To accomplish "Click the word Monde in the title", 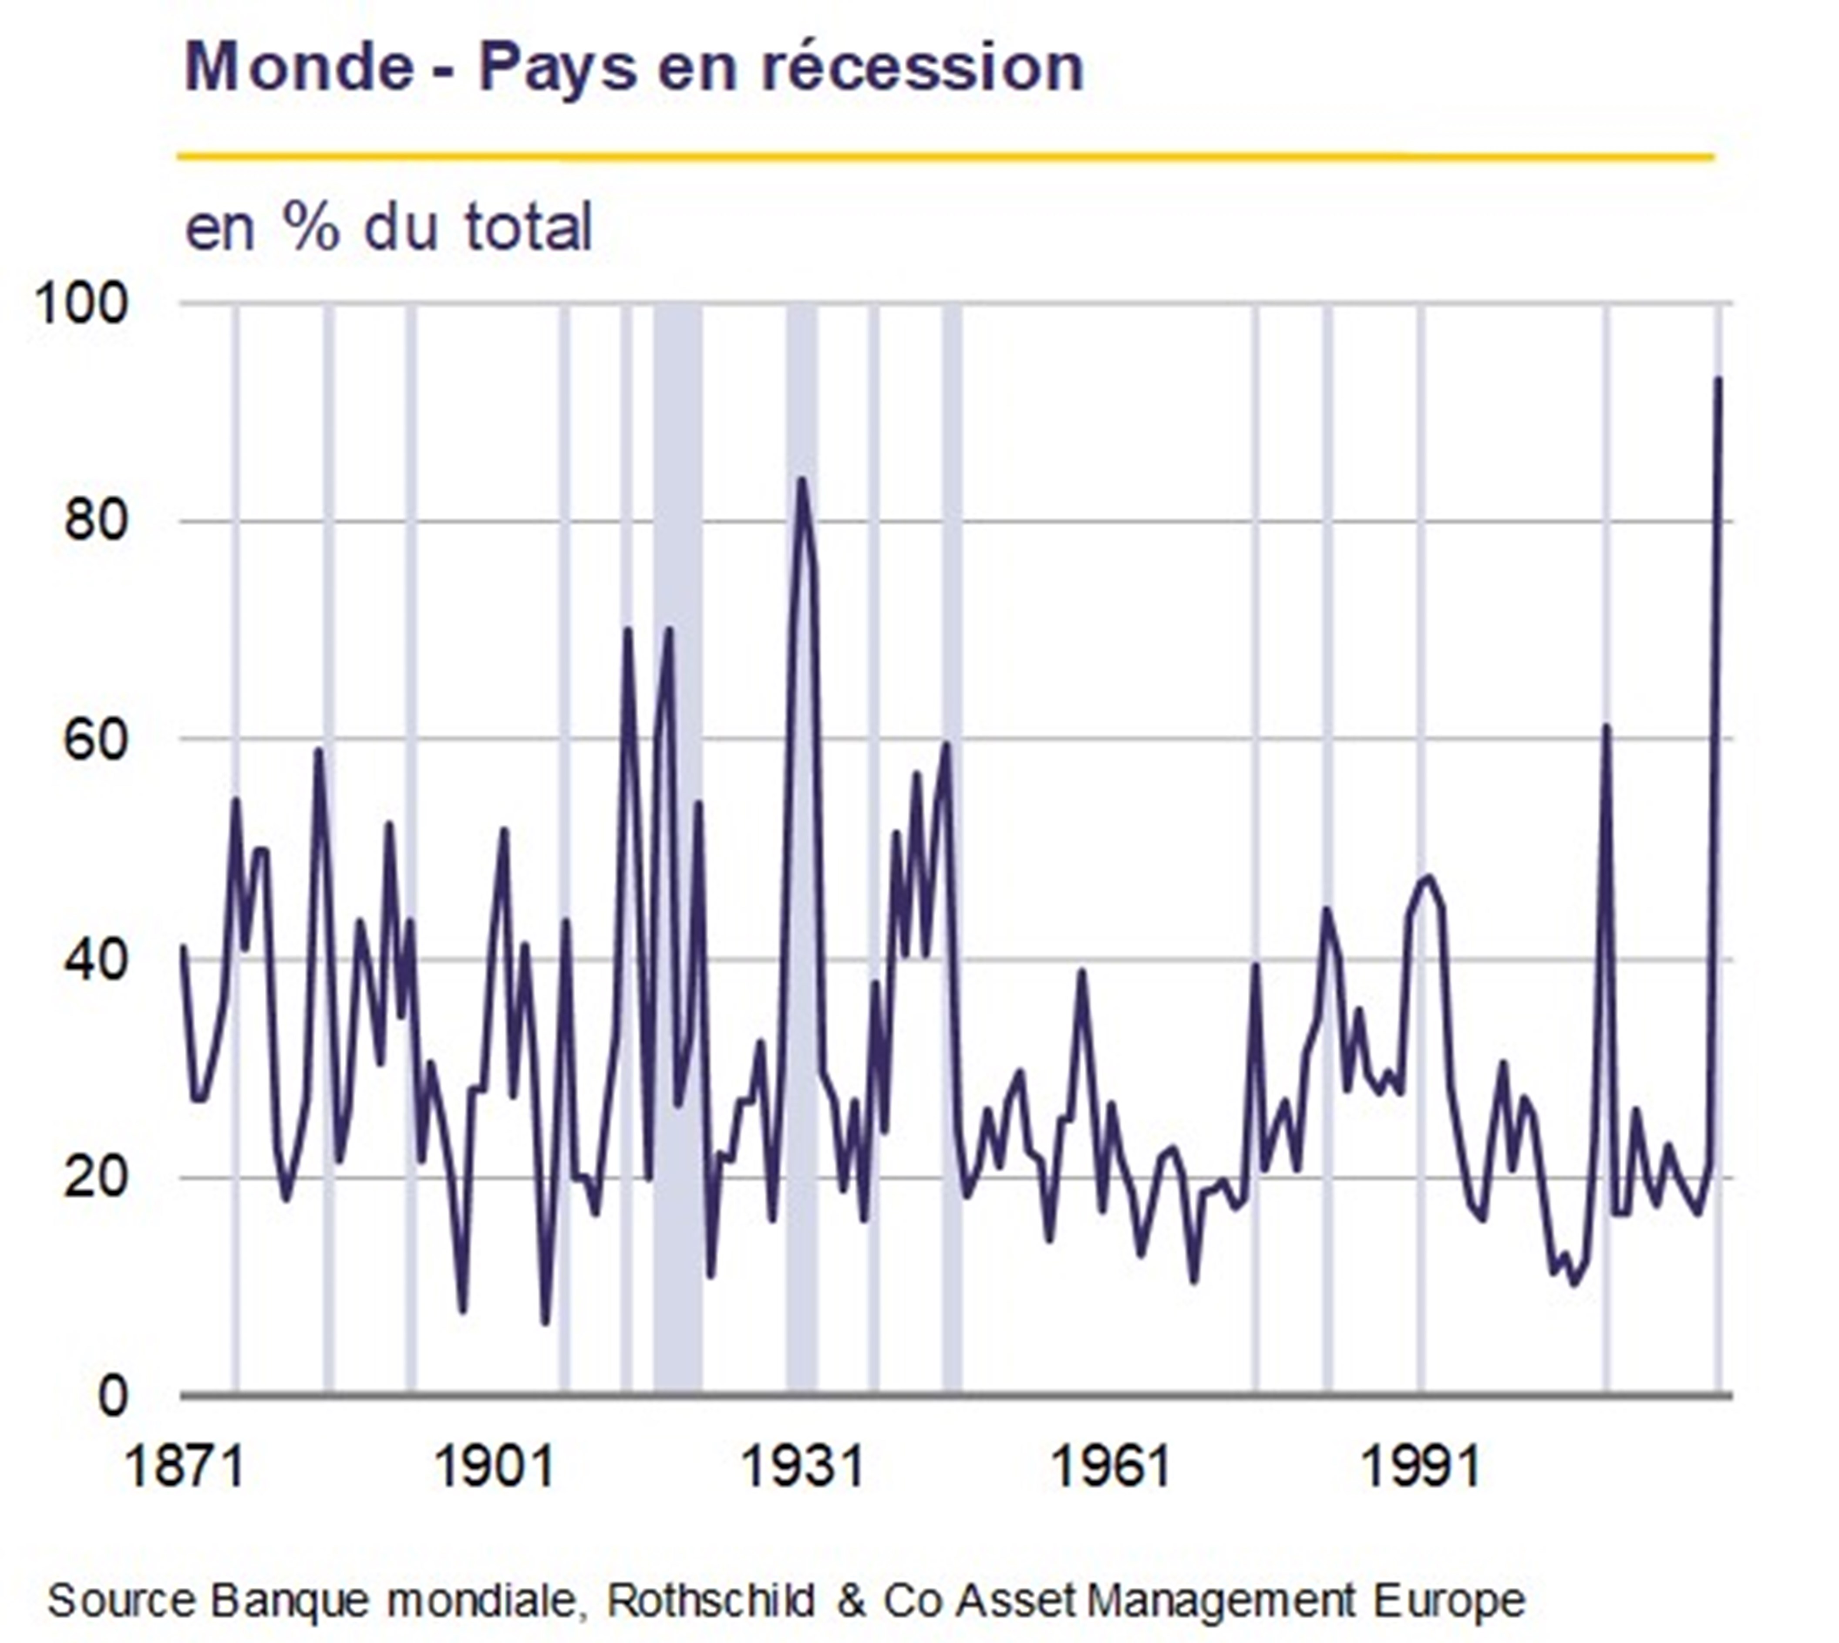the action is click(x=299, y=67).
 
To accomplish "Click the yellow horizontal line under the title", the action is click(x=945, y=157).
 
